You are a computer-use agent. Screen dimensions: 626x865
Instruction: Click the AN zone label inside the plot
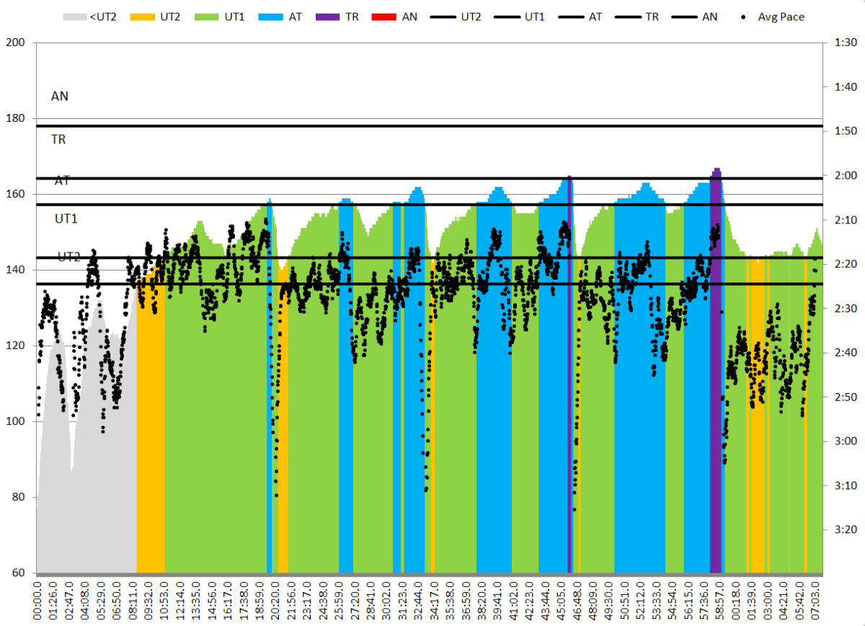[60, 95]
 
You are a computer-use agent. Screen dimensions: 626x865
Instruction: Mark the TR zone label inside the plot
[58, 139]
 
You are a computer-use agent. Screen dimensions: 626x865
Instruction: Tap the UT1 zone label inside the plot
[66, 218]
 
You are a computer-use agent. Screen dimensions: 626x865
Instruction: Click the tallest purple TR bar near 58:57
[717, 361]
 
